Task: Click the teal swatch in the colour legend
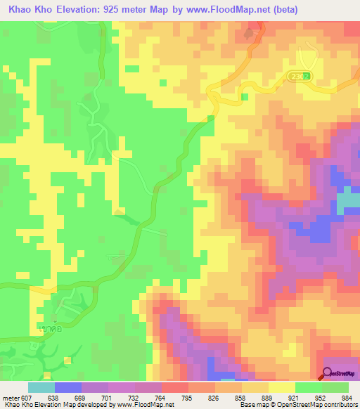click(41, 387)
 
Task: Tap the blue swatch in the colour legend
click(68, 387)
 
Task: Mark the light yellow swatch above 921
click(281, 387)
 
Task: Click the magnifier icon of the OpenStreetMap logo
click(327, 374)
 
